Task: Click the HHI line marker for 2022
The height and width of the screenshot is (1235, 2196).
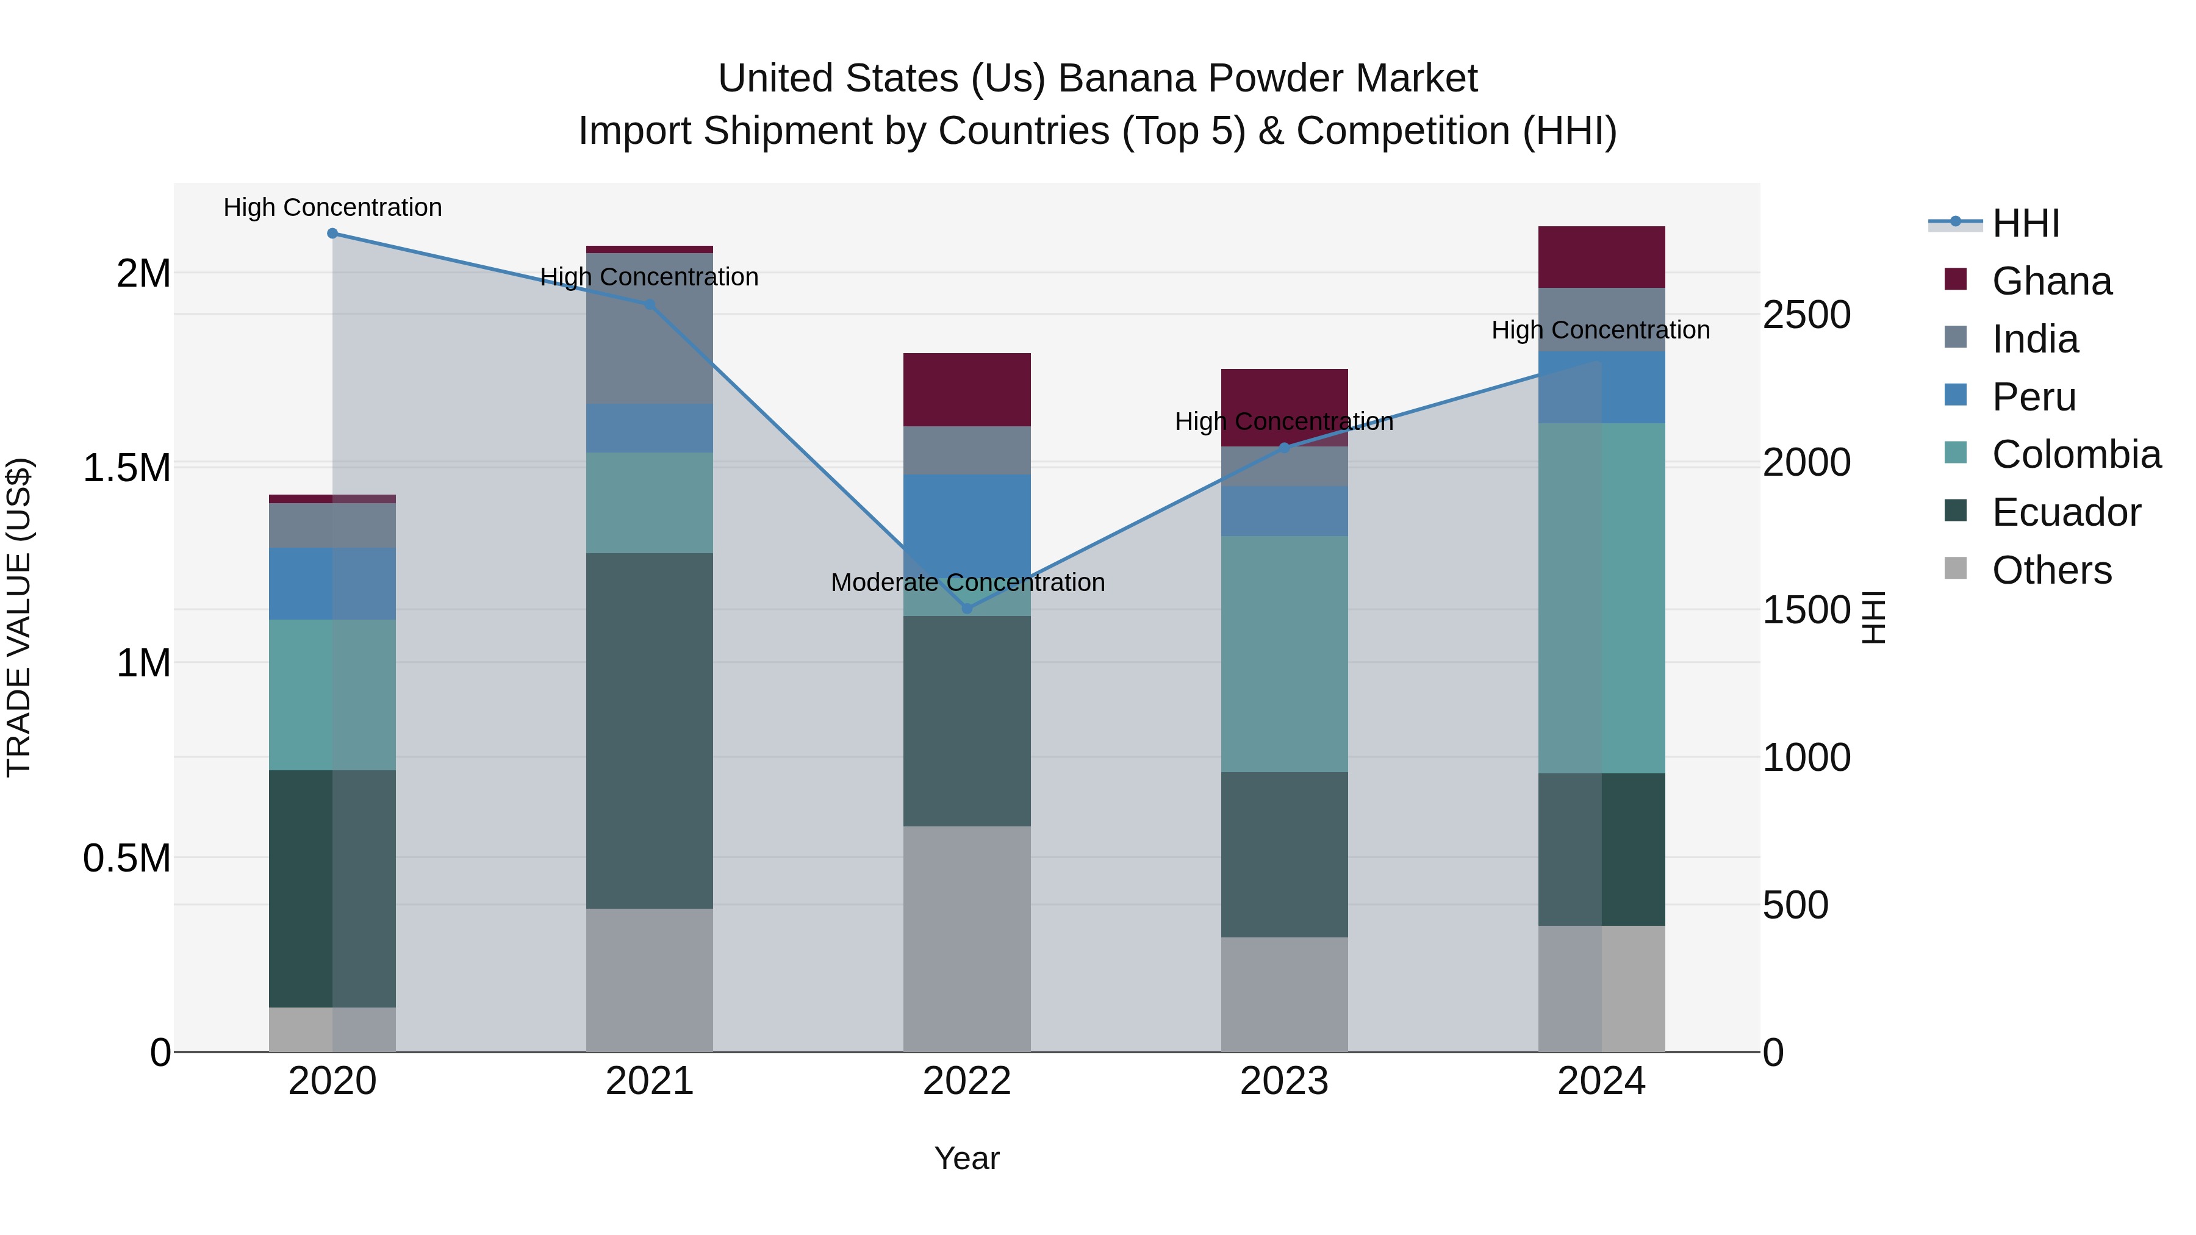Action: point(967,607)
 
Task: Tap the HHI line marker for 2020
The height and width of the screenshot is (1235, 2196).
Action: point(332,234)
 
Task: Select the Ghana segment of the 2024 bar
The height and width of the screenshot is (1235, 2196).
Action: point(1601,257)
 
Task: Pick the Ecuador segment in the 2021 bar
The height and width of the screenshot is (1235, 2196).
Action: point(650,731)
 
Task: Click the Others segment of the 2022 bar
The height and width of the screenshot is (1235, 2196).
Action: point(967,939)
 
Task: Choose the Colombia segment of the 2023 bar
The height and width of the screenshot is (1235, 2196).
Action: point(1284,654)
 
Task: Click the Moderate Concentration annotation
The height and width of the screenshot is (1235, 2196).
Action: point(967,583)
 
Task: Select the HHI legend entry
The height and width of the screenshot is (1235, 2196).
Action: point(2025,223)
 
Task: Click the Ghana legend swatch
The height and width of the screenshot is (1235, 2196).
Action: point(1956,279)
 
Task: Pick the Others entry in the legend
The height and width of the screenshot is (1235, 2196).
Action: point(2051,570)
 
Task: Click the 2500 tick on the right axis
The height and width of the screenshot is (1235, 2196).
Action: point(1806,315)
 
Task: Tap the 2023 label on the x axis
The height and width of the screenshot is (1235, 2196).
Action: point(1284,1081)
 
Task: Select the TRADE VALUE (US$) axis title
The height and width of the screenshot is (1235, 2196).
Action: point(19,617)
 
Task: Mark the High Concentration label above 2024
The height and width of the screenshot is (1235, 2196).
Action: point(1600,330)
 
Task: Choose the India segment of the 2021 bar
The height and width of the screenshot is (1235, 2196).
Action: point(650,328)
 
